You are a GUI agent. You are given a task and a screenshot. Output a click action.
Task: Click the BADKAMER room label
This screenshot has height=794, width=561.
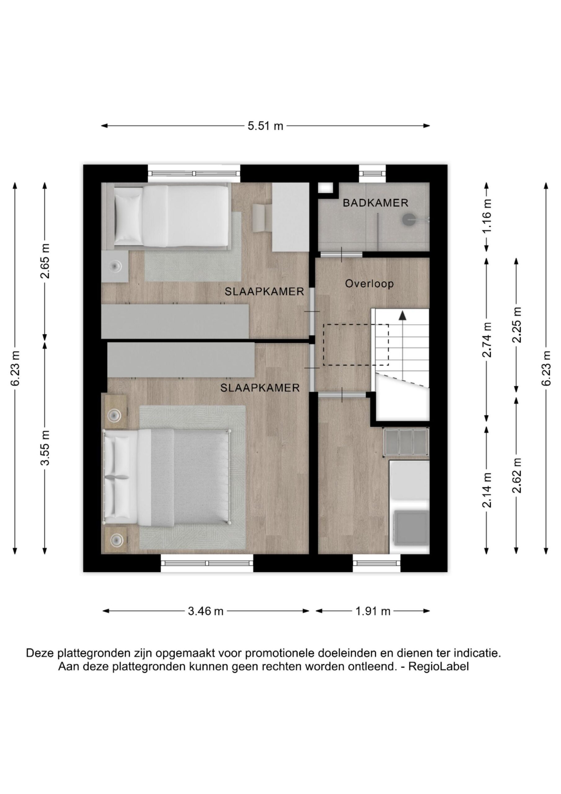coord(375,203)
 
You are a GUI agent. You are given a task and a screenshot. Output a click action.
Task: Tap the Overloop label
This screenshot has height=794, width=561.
coord(369,284)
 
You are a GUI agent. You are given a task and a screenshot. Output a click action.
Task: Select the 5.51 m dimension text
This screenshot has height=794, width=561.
coord(265,126)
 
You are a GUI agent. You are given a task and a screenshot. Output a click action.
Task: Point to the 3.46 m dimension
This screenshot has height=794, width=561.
coord(206,611)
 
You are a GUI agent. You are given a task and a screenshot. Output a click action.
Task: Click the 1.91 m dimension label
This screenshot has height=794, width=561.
coord(373,611)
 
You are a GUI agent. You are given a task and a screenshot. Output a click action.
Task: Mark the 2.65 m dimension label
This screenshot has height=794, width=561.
coord(45,261)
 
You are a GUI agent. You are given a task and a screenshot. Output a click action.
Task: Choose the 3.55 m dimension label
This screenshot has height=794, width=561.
coord(45,448)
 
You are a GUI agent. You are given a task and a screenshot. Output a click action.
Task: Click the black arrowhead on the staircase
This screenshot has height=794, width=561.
coord(402,315)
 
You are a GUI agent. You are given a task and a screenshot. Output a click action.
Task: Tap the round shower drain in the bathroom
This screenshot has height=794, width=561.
coord(409,219)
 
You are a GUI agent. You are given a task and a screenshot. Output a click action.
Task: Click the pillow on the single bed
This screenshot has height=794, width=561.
coord(128,217)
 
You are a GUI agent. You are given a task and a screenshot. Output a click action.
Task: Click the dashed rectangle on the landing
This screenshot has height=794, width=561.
coord(356,345)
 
